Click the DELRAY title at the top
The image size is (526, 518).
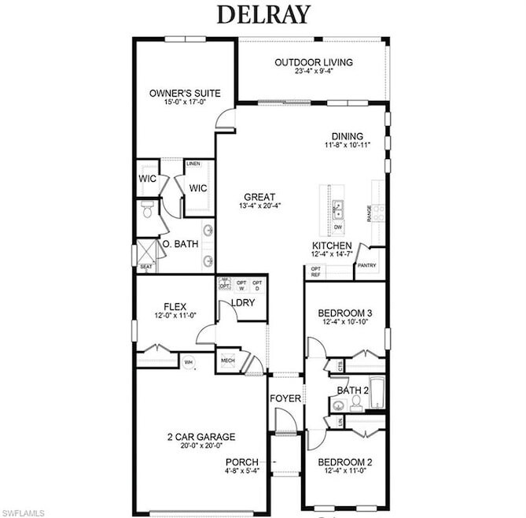coord(263,13)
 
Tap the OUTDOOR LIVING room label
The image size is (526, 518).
coord(313,62)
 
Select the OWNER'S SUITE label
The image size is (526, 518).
coord(185,94)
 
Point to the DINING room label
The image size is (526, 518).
coord(347,135)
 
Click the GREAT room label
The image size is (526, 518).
coord(259,196)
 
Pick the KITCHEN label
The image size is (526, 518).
coord(332,246)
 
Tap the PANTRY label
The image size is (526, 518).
coord(367,265)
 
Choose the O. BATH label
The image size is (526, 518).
coord(180,244)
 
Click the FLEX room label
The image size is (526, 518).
coord(174,306)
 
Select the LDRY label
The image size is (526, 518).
coord(242,303)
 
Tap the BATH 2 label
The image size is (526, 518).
coord(353,390)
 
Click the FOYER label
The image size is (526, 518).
coord(285,398)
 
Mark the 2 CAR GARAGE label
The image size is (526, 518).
coord(202,437)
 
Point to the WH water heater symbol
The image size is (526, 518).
coord(189,361)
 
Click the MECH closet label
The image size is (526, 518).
coord(228,361)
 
